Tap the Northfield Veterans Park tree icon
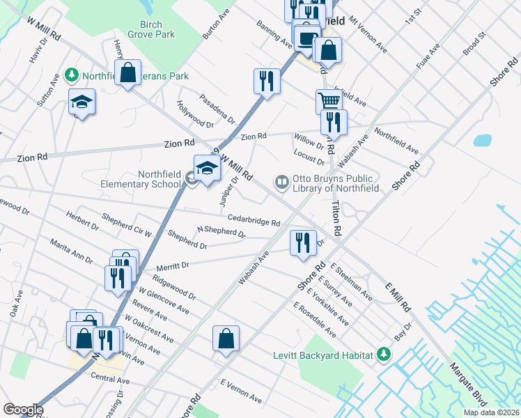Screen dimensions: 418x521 point(70,74)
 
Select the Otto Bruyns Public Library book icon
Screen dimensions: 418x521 point(282,182)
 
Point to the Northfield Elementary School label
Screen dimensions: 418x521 point(150,178)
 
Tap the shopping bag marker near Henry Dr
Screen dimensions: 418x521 point(128,72)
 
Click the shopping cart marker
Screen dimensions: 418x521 point(329,100)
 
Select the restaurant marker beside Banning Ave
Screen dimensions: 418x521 point(267,80)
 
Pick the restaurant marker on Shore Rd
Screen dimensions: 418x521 point(302,242)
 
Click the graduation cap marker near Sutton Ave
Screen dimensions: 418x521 point(81,102)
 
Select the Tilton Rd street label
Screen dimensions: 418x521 point(336,217)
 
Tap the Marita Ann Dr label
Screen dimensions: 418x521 point(71,251)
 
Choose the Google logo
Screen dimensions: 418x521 point(23,410)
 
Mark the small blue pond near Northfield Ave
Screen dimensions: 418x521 point(482,139)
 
